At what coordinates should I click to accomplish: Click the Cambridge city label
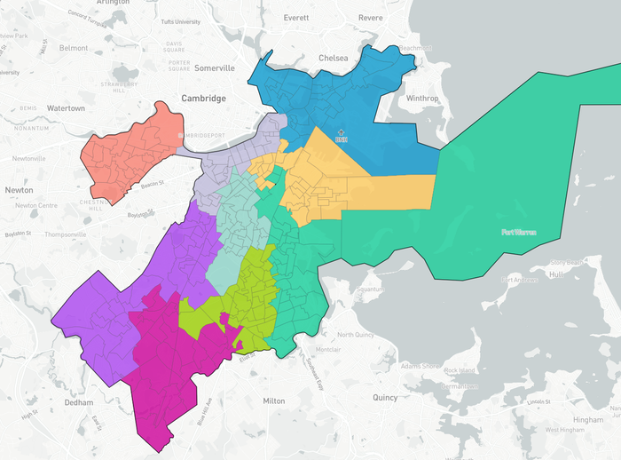pos(204,99)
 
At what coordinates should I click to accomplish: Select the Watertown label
pos(66,108)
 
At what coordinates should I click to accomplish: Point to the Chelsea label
pos(334,58)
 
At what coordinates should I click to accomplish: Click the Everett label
pos(295,18)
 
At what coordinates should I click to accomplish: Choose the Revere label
pos(370,18)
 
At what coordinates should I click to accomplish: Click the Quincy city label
pos(385,398)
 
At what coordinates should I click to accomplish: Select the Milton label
pos(274,401)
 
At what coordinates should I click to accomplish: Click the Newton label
pos(18,190)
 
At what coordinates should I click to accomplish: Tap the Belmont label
pos(74,48)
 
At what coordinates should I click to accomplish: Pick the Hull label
pos(558,274)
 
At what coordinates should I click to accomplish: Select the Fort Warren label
pos(519,232)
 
